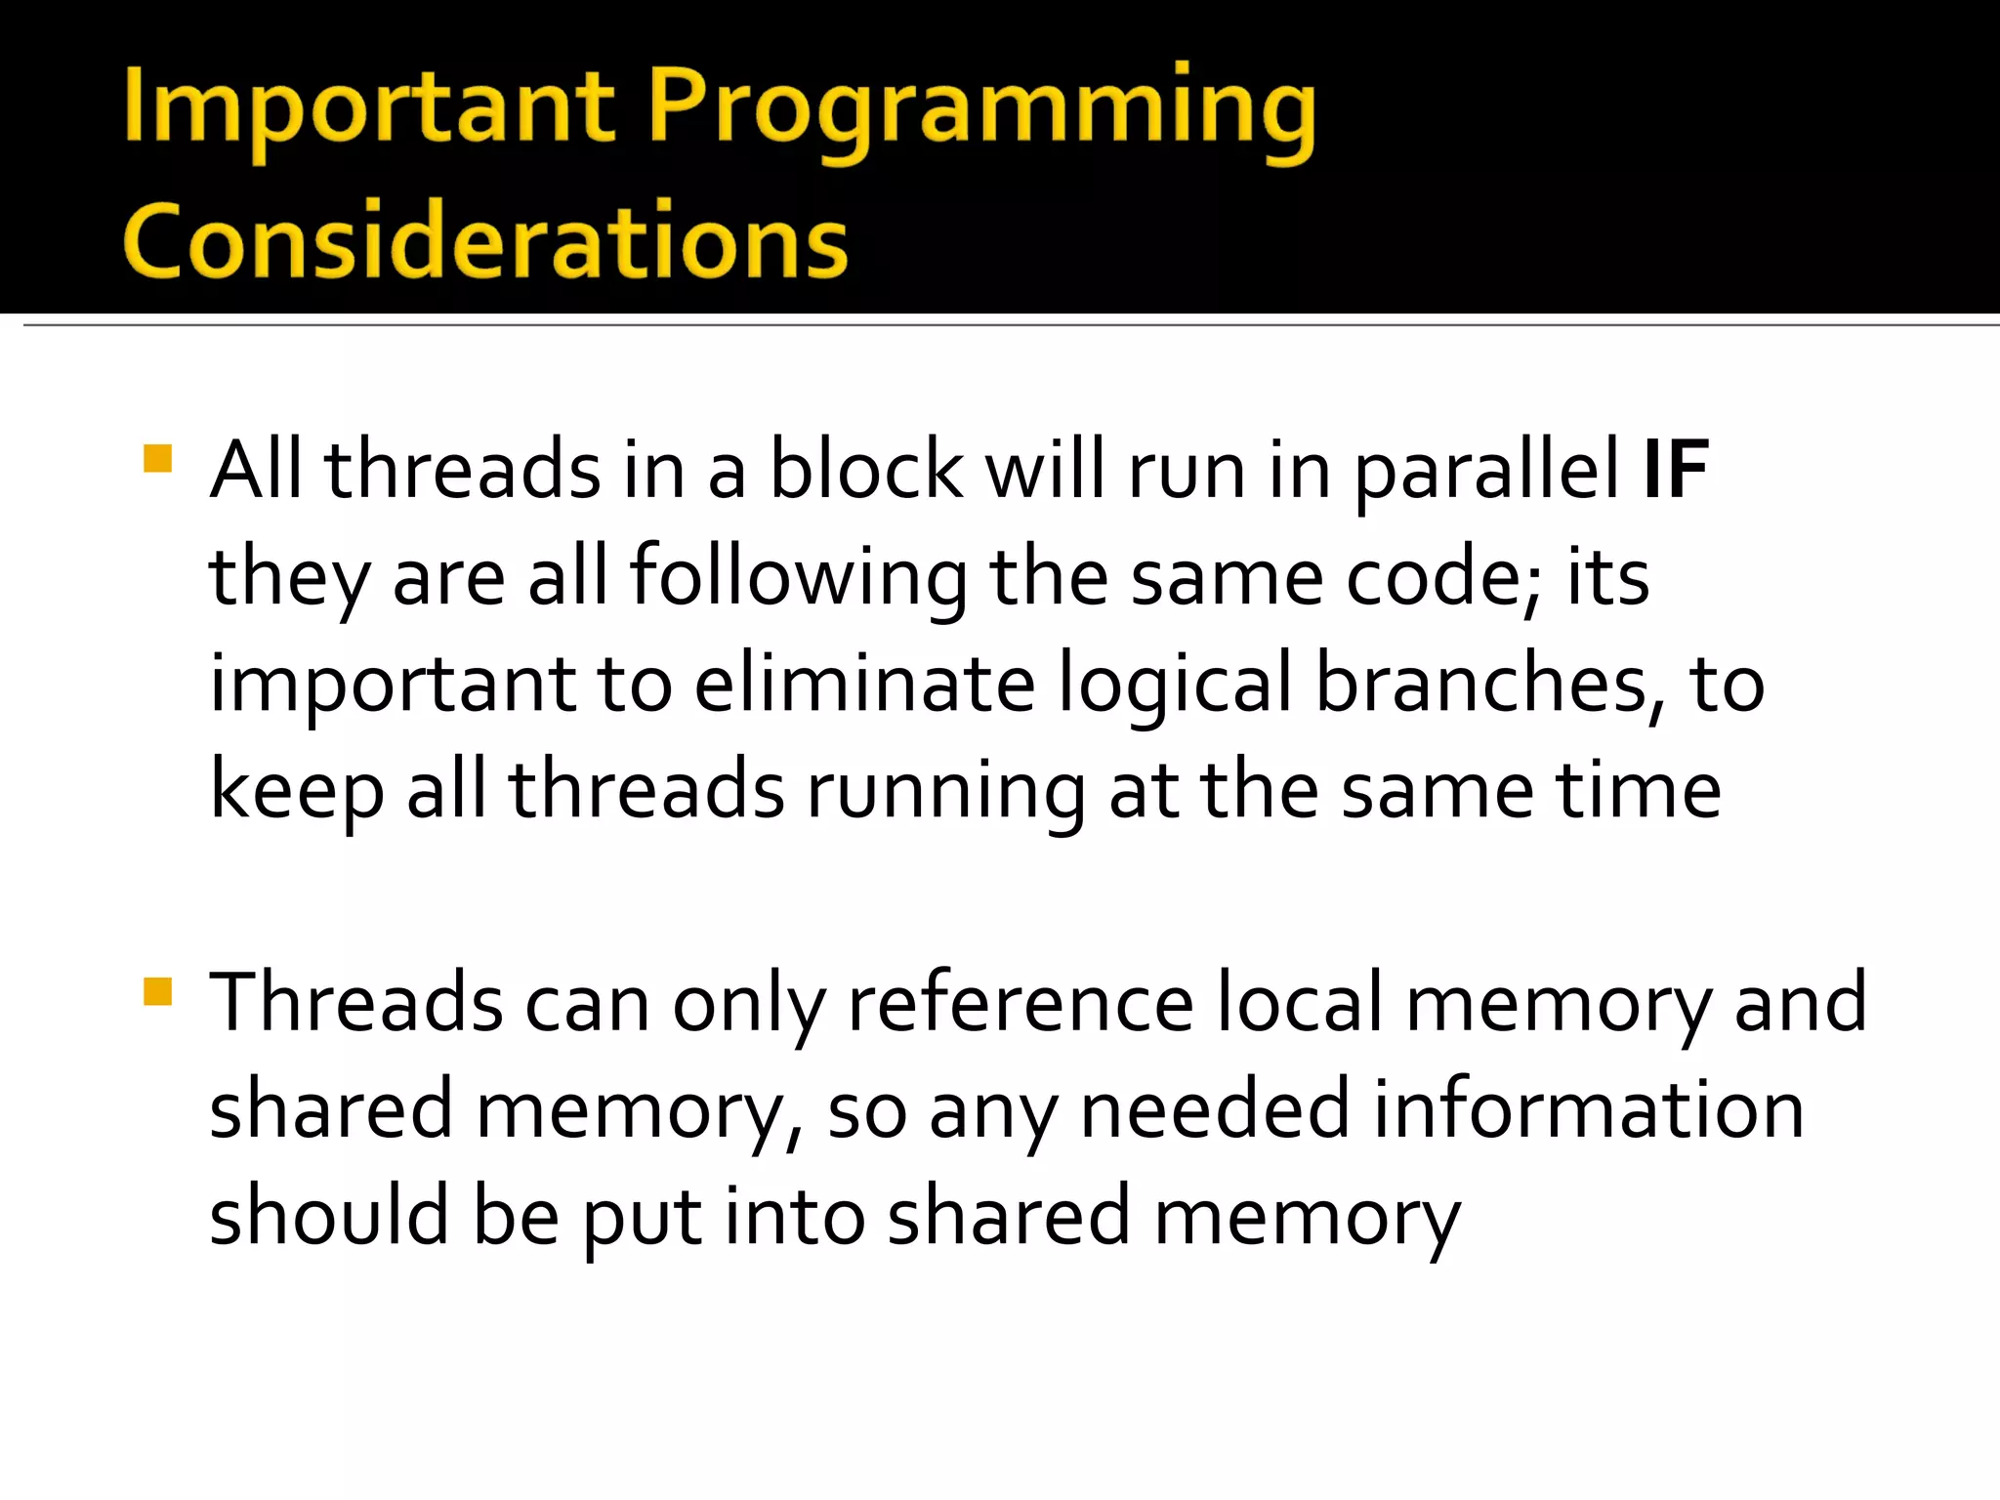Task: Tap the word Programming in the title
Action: [981, 109]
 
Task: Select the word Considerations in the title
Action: [485, 241]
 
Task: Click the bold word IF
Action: [1676, 470]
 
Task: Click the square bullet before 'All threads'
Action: [157, 459]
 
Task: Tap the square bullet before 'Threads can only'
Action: [157, 991]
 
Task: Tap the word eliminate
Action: [864, 683]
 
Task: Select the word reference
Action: [1021, 1003]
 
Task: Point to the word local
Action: [1300, 1003]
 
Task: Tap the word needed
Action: [1215, 1109]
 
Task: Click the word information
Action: [1589, 1109]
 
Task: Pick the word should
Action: [328, 1216]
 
